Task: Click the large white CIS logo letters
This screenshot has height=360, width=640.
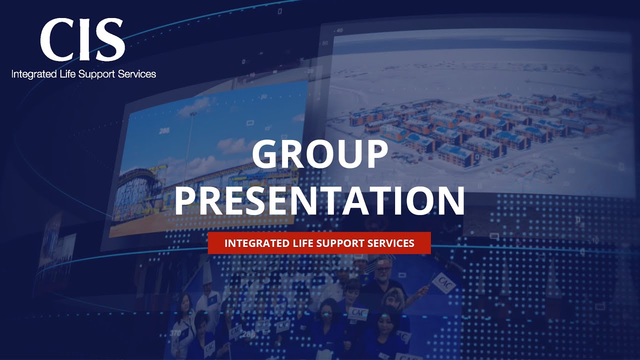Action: click(x=82, y=40)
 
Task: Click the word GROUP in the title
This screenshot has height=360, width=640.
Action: click(x=320, y=154)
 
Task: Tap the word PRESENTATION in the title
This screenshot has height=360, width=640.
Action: click(x=319, y=200)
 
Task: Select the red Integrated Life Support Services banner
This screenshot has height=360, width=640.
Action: click(x=319, y=243)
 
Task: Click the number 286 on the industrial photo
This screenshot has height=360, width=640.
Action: click(x=164, y=131)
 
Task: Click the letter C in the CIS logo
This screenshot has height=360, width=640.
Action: click(x=56, y=40)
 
